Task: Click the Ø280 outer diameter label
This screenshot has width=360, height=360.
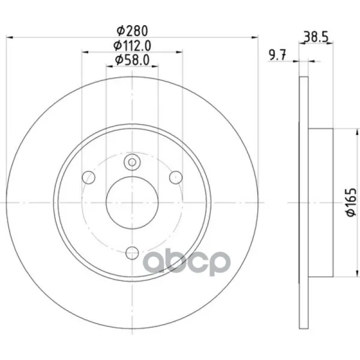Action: (132, 31)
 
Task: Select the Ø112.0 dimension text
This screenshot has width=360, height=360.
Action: (132, 46)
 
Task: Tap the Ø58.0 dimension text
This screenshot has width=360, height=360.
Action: (132, 60)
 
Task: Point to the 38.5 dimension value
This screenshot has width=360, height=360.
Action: (316, 37)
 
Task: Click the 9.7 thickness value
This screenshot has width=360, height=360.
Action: (277, 55)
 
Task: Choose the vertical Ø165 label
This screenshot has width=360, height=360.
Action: (351, 202)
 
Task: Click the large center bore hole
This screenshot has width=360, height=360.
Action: (132, 203)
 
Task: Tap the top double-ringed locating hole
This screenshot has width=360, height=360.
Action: (132, 163)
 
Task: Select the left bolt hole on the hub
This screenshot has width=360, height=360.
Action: (89, 178)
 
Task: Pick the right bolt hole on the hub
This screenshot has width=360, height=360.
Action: (176, 178)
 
